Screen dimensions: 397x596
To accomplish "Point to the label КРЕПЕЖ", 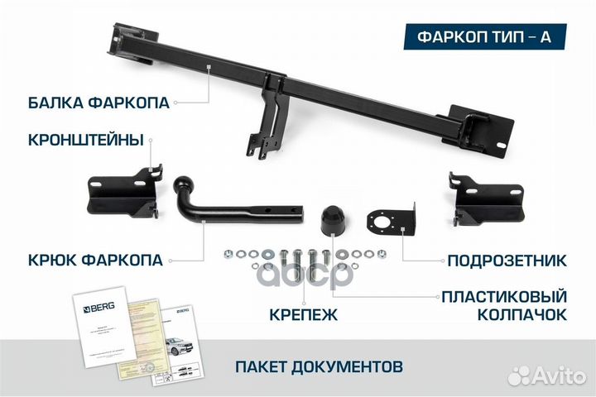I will tap(303, 314).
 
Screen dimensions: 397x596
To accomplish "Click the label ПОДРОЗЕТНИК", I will tap(507, 261).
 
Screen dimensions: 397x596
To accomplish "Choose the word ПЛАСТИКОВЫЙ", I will tap(503, 296).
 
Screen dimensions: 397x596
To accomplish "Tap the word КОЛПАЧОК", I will tap(522, 315).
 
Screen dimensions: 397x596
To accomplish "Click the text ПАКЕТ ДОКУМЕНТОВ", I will tap(320, 364).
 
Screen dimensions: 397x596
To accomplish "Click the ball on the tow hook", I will tap(183, 183).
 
